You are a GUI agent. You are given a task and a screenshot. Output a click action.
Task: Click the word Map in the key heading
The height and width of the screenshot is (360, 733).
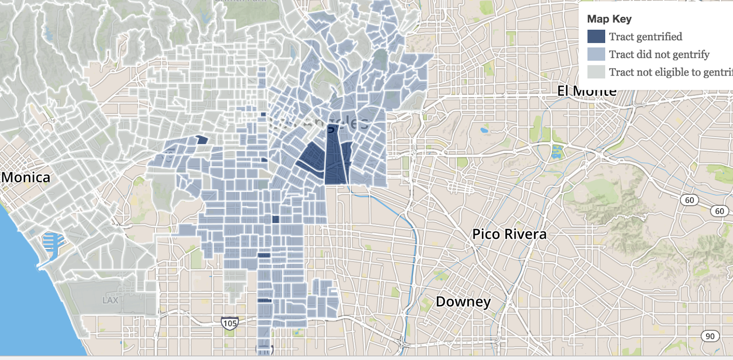pyautogui.click(x=598, y=19)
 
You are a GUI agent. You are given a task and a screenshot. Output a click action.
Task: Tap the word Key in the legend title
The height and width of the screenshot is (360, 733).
pyautogui.click(x=622, y=19)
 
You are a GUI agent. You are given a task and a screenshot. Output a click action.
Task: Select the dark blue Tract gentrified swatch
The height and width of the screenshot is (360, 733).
pyautogui.click(x=596, y=37)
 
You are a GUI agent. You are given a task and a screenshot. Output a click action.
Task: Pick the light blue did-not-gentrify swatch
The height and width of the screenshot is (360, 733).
pyautogui.click(x=596, y=55)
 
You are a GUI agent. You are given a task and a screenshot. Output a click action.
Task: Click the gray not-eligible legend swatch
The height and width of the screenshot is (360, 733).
pyautogui.click(x=596, y=72)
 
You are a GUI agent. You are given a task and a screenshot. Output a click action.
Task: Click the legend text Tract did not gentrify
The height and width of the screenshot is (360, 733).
pyautogui.click(x=659, y=55)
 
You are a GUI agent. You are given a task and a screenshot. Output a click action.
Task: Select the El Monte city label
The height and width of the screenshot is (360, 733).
pyautogui.click(x=586, y=91)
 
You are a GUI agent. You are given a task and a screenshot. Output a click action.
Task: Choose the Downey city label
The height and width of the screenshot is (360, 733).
pyautogui.click(x=463, y=301)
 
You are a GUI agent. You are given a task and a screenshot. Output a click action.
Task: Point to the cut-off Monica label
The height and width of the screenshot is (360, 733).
pyautogui.click(x=26, y=177)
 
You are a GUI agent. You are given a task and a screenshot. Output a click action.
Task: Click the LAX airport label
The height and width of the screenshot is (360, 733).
pyautogui.click(x=110, y=300)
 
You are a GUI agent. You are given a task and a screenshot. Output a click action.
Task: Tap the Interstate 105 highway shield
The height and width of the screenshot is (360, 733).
pyautogui.click(x=230, y=323)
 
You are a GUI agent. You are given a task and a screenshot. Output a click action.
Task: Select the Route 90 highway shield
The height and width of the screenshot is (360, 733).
pyautogui.click(x=710, y=336)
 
